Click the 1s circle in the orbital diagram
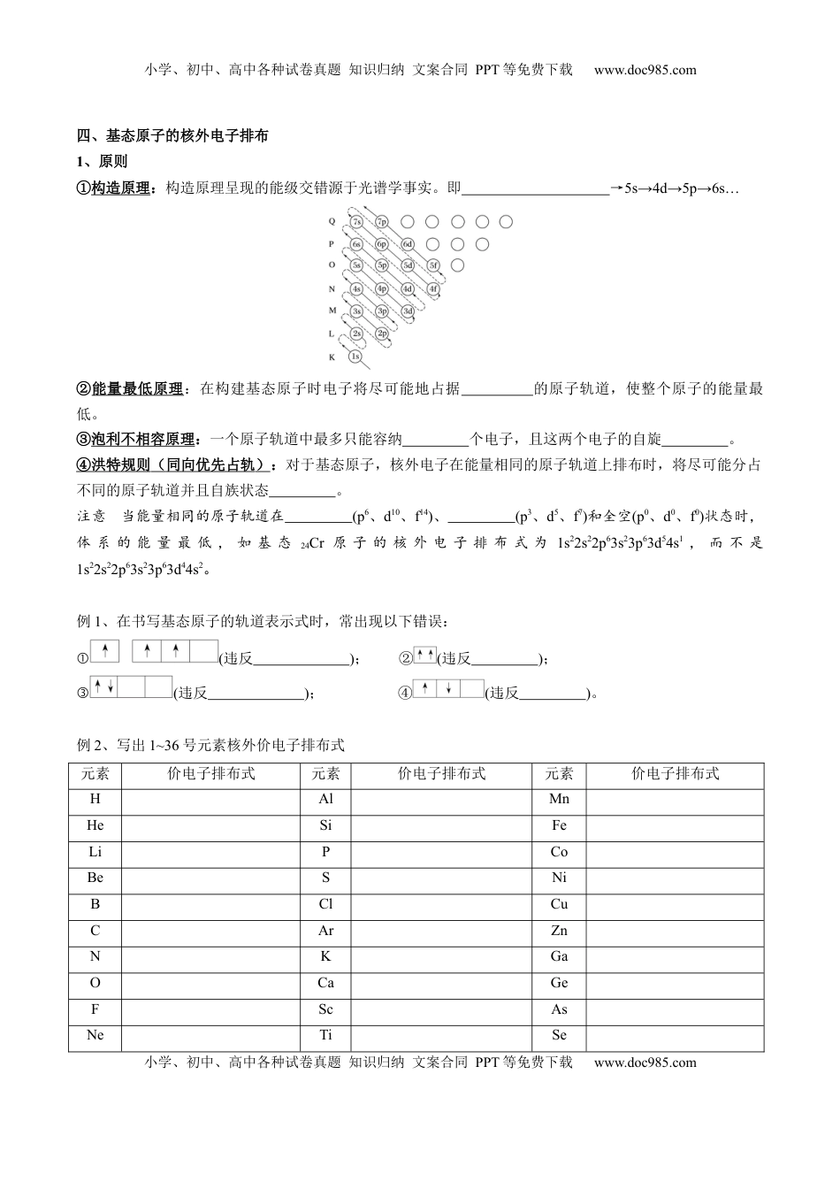click(355, 356)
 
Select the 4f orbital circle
click(433, 288)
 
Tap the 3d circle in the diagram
click(408, 311)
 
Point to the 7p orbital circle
click(382, 221)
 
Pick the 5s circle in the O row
click(355, 265)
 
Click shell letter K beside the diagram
click(332, 357)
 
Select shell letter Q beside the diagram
click(332, 222)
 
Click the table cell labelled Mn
click(559, 800)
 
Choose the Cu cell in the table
click(559, 904)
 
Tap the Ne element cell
click(95, 1035)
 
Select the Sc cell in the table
click(325, 1009)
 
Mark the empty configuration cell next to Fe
click(675, 826)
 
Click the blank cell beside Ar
click(441, 931)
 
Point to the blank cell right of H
click(210, 800)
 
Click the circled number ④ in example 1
click(405, 694)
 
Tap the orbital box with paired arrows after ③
click(104, 687)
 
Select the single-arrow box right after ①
click(104, 652)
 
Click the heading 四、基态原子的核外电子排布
click(173, 136)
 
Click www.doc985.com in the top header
click(645, 71)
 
